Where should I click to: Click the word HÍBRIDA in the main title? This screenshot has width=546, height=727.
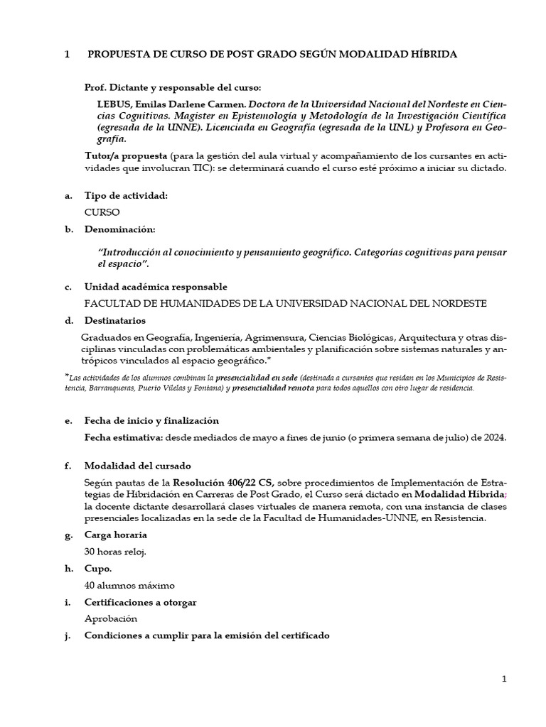coord(428,54)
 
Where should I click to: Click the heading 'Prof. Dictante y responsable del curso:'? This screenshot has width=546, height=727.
coord(173,88)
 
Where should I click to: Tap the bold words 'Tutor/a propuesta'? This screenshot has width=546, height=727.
coord(126,155)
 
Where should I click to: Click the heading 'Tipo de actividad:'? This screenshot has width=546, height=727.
coord(126,195)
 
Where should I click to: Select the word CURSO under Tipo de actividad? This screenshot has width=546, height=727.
coord(102,212)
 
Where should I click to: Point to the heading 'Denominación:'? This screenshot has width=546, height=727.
coord(119,229)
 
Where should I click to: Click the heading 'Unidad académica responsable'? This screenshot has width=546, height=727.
coord(156,287)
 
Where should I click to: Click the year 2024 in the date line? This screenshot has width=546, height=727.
coord(494,437)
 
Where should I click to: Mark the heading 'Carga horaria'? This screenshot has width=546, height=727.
coord(116,535)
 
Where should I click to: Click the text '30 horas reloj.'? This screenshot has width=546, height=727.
coord(115,552)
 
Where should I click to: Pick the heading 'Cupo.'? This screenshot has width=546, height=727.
coord(98,569)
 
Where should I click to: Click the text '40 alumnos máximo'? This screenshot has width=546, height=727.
coord(129,586)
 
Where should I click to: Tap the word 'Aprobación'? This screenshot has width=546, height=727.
coord(110,619)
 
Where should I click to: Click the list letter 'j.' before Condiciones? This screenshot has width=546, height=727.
coord(68,636)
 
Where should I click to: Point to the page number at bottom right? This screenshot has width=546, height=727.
coord(504,679)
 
